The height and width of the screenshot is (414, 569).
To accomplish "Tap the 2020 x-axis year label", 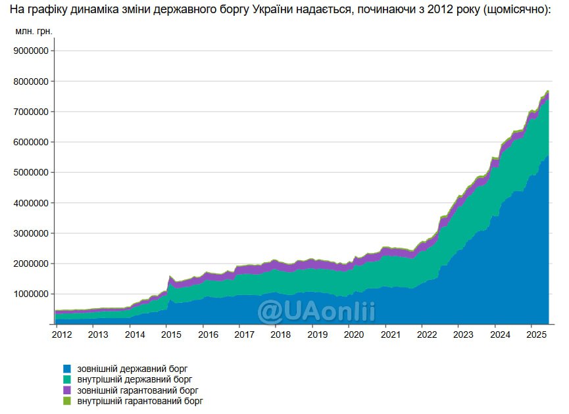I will (x=354, y=334).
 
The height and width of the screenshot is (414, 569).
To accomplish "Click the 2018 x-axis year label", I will (x=281, y=334).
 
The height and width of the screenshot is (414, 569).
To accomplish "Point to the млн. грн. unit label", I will (x=34, y=31).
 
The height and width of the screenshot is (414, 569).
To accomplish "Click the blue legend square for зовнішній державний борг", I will (x=67, y=369).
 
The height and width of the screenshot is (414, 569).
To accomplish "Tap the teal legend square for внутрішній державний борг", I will (x=67, y=379).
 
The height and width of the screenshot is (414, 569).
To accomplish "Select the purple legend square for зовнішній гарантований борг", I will (x=67, y=390).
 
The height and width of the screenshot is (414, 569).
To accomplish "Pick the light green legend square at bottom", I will (x=67, y=400).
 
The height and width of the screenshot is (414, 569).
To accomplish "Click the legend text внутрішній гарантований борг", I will (x=140, y=400).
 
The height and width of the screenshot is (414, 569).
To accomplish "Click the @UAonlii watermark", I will (x=316, y=310).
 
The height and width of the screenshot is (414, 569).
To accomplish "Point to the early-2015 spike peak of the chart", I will (x=170, y=277).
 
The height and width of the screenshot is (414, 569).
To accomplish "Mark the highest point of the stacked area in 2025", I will (x=548, y=91).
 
